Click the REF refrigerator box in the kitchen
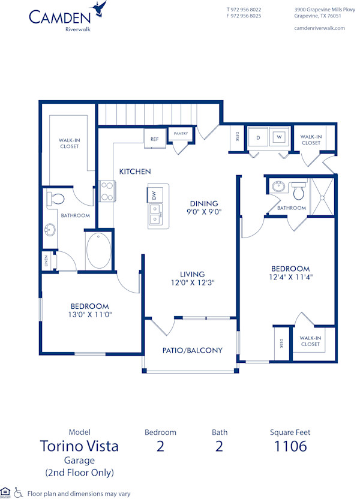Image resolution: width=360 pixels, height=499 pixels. click(154, 139)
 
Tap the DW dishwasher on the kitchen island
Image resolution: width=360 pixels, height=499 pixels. click(154, 195)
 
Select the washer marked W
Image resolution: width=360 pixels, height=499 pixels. click(278, 137)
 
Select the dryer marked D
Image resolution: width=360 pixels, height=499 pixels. click(258, 137)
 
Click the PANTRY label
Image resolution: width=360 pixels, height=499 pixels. click(180, 134)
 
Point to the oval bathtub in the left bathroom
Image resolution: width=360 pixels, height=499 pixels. click(98, 251)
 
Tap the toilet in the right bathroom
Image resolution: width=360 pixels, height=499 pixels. click(299, 191)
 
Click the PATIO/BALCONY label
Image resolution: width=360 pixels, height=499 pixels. click(193, 350)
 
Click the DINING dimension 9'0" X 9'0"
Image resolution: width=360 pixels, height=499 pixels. click(204, 212)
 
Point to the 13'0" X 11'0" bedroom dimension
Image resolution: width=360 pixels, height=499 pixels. click(90, 314)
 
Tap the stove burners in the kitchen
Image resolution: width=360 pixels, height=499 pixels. click(107, 191)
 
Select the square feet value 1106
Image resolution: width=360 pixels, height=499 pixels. click(290, 446)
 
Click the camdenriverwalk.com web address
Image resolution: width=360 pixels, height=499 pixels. click(320, 28)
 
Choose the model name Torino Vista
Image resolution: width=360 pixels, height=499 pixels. click(79, 446)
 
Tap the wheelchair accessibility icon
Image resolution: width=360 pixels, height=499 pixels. click(19, 492)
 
